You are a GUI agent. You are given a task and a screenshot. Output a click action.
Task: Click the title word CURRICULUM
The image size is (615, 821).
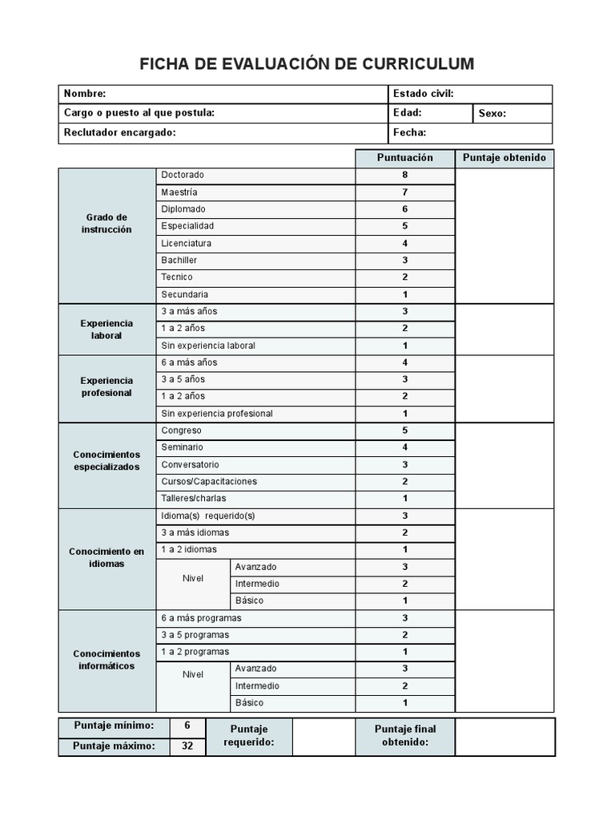pyautogui.click(x=416, y=64)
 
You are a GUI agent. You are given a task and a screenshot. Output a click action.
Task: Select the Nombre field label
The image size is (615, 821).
pyautogui.click(x=85, y=94)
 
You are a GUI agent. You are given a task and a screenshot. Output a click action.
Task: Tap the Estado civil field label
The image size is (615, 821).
pyautogui.click(x=424, y=94)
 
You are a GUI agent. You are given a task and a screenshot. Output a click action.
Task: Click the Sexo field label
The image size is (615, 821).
pyautogui.click(x=492, y=114)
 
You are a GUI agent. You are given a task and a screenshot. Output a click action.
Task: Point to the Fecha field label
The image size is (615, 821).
pyautogui.click(x=410, y=133)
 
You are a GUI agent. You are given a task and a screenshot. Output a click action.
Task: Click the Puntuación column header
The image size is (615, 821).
pyautogui.click(x=405, y=158)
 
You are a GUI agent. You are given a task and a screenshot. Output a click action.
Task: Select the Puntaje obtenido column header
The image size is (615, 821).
pyautogui.click(x=504, y=158)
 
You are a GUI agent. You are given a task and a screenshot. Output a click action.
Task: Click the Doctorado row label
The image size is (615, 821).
pyautogui.click(x=183, y=175)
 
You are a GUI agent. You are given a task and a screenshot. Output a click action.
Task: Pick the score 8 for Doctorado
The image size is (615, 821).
pyautogui.click(x=405, y=175)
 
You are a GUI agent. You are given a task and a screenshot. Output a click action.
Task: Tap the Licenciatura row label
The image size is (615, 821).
pyautogui.click(x=187, y=243)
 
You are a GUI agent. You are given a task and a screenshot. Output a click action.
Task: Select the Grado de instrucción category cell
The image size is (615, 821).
pyautogui.click(x=107, y=224)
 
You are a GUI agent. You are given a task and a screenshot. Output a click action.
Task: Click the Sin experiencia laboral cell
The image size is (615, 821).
pyautogui.click(x=208, y=346)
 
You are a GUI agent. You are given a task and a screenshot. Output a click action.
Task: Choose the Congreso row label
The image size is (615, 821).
pyautogui.click(x=181, y=431)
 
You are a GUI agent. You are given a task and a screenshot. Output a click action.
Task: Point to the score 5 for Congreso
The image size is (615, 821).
pyautogui.click(x=405, y=431)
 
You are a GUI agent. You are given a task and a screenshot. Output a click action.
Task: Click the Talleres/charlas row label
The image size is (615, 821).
pyautogui.click(x=194, y=498)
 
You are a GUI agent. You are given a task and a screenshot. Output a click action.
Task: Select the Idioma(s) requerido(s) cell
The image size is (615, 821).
pyautogui.click(x=207, y=516)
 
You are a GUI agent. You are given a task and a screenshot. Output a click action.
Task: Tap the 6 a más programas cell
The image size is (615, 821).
pyautogui.click(x=201, y=618)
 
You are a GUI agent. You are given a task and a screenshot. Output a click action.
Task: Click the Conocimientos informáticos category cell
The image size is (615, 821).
pyautogui.click(x=107, y=660)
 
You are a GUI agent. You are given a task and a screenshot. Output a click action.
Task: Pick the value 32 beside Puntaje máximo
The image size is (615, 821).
pyautogui.click(x=187, y=746)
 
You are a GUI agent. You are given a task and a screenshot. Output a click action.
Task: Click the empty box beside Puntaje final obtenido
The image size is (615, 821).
pyautogui.click(x=504, y=736)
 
